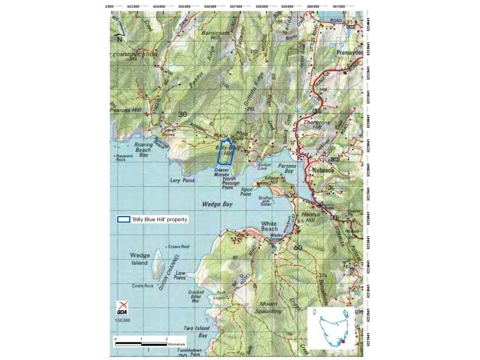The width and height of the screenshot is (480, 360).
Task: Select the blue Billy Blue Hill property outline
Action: pos(225,152)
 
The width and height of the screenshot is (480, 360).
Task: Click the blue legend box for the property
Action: pos(124,220)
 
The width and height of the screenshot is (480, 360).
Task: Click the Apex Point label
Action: pos(246,191)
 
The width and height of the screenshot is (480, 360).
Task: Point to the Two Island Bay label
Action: pos(196,332)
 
